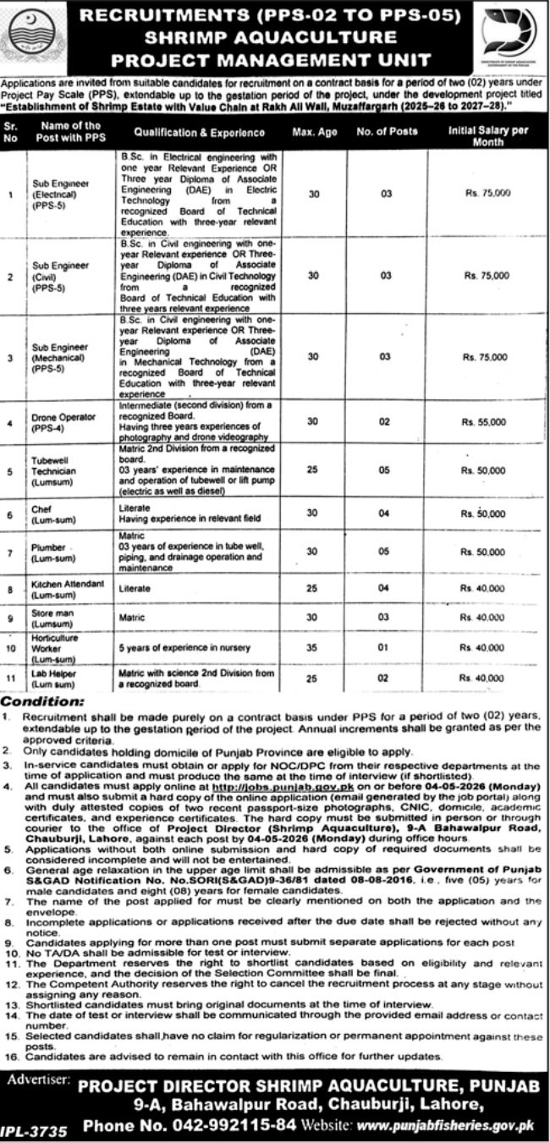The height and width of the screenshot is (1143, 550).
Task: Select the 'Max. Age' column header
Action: (x=314, y=133)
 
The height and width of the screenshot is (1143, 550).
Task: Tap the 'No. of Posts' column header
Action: (x=387, y=133)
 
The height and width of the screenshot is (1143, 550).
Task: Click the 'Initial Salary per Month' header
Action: (x=487, y=133)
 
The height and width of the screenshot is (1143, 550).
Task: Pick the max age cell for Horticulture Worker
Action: (x=313, y=648)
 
